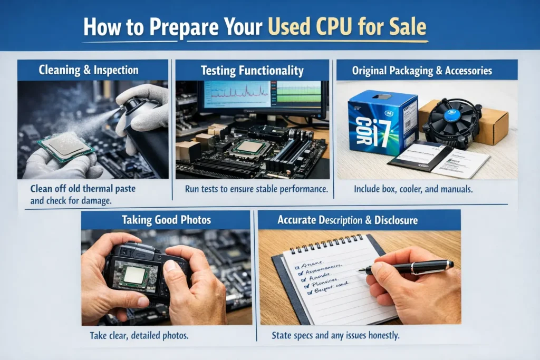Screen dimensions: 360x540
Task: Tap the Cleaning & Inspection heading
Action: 89,70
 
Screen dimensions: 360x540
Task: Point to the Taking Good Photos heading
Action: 165,220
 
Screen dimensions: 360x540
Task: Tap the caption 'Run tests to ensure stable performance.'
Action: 253,189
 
